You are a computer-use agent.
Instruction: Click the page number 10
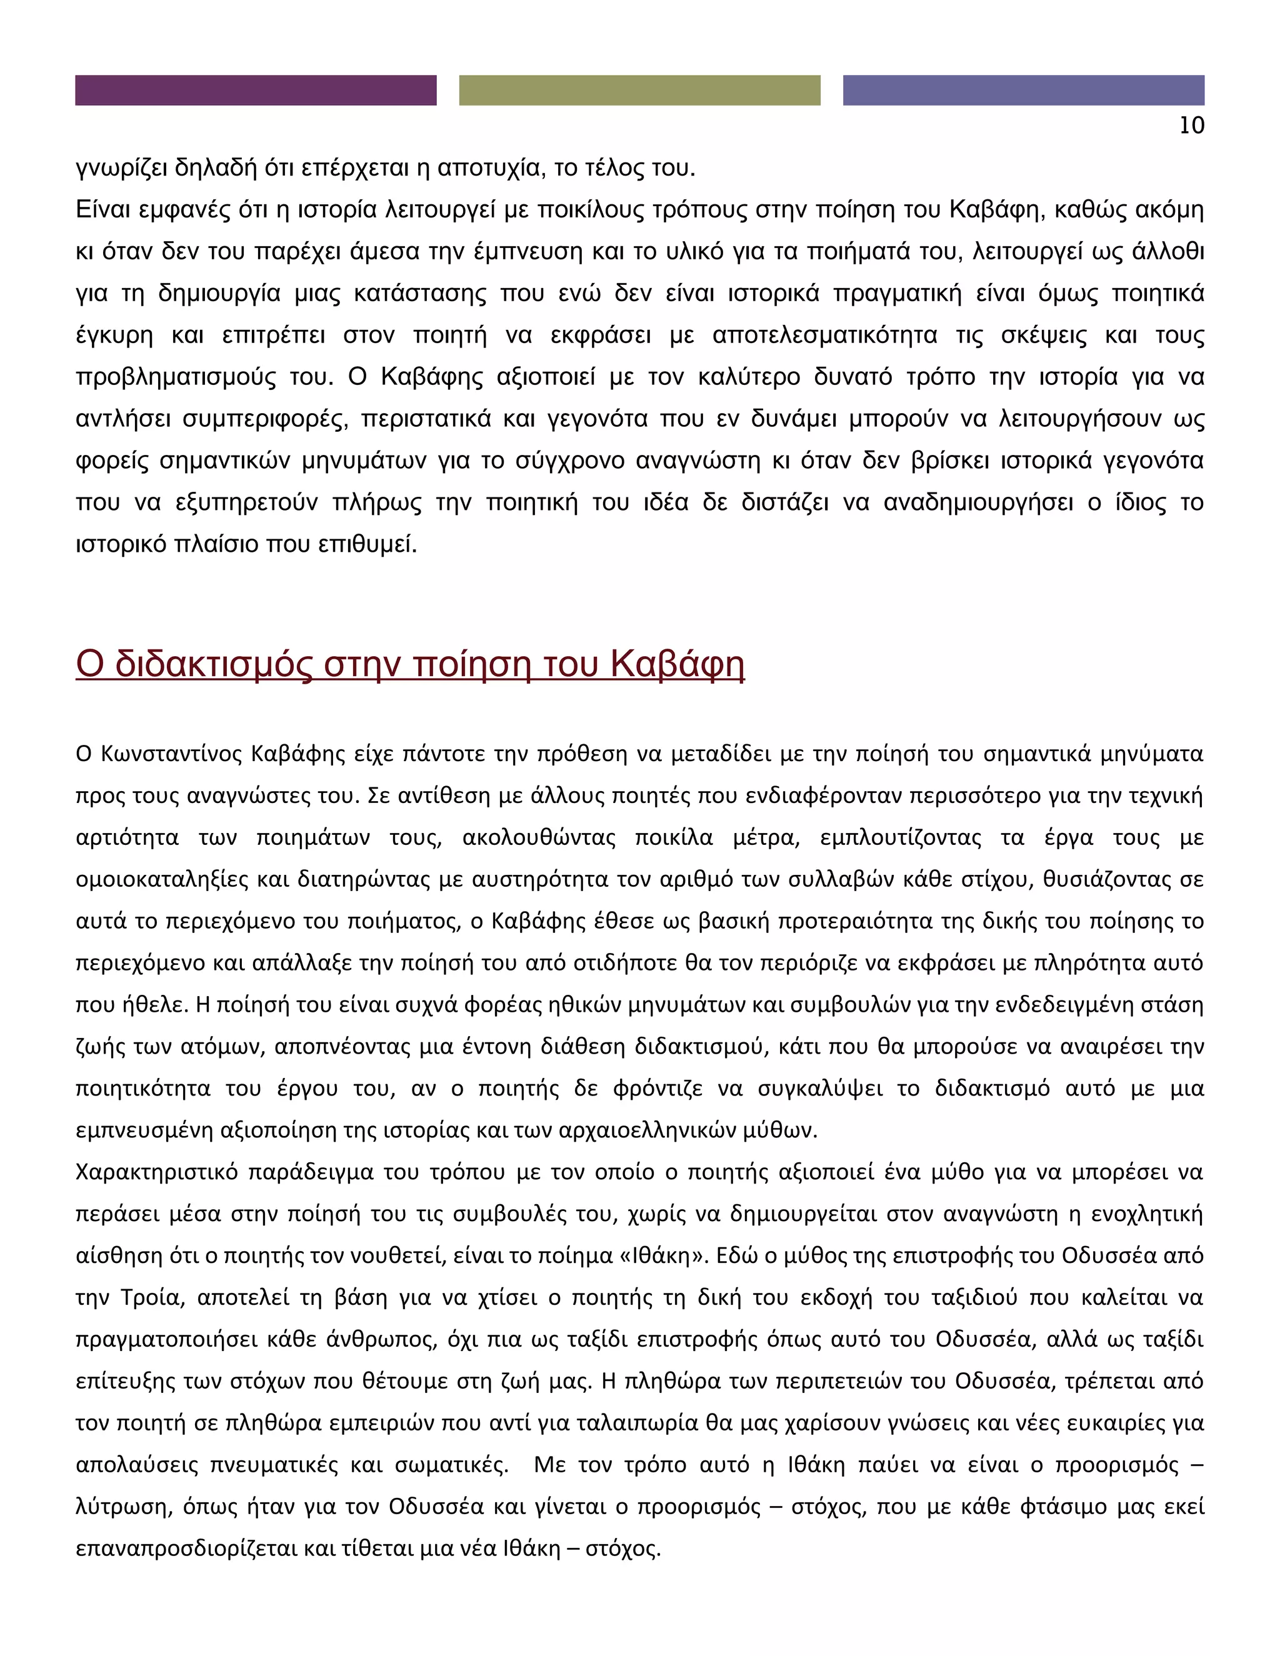1191,126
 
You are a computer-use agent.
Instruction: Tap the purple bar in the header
256,90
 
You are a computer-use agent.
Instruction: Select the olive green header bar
639,90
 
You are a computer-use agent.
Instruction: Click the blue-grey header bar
1023,90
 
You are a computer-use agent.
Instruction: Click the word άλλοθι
1167,251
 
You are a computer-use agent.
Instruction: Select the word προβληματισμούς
176,377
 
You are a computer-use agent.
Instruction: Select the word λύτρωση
122,1507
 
